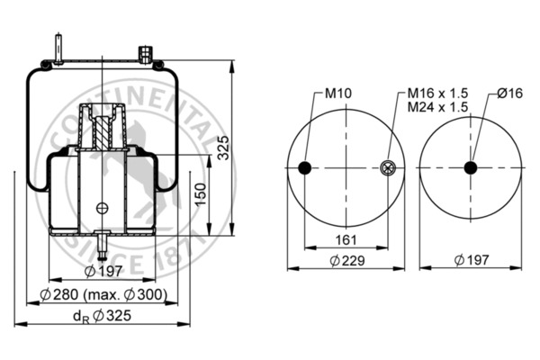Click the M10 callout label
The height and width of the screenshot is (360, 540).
(x=338, y=93)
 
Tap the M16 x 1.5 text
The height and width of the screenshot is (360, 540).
(x=437, y=93)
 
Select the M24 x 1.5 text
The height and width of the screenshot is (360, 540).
(x=437, y=107)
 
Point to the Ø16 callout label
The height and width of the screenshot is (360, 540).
(x=509, y=93)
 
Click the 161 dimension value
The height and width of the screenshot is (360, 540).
(x=346, y=239)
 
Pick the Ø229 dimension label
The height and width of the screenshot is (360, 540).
(x=347, y=260)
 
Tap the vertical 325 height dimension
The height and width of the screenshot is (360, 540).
(x=223, y=148)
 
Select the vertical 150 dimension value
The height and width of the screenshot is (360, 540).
(x=201, y=194)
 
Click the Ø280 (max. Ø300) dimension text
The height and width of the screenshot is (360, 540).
(x=103, y=294)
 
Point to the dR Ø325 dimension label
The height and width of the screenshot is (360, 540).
(x=103, y=316)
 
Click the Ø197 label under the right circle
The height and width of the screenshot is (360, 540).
(x=472, y=260)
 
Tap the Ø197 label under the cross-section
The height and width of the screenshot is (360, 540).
(x=103, y=272)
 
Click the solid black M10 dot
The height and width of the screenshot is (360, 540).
(x=305, y=168)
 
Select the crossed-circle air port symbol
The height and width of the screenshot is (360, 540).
(x=387, y=168)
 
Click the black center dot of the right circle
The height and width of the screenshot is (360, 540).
(x=471, y=168)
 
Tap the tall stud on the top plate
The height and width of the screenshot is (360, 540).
(x=58, y=49)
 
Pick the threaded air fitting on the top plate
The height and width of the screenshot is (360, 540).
(x=146, y=55)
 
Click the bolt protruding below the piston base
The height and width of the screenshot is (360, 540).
(x=103, y=246)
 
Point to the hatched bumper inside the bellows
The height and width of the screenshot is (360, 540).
(x=103, y=133)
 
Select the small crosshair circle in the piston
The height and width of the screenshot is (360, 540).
(x=103, y=208)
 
